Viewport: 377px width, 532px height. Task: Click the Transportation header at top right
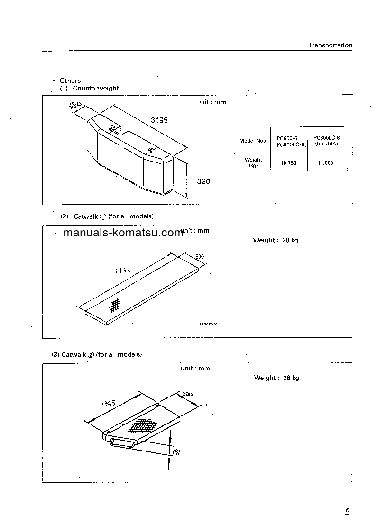[x=330, y=45]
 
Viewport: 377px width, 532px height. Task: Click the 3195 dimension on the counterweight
[x=159, y=120]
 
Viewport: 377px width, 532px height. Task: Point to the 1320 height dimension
[x=202, y=181]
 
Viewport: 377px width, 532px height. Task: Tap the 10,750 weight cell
[x=288, y=163]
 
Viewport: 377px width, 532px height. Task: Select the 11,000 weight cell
[x=326, y=163]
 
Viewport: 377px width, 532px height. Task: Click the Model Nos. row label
[x=253, y=141]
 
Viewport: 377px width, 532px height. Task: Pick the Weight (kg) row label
[x=253, y=162]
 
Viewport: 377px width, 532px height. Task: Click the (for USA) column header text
[x=326, y=144]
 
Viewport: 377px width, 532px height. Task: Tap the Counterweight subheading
[x=96, y=89]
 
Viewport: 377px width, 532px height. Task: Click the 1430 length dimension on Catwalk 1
[x=123, y=271]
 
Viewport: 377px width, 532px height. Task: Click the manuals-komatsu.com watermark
[x=123, y=233]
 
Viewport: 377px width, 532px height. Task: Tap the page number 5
[x=348, y=512]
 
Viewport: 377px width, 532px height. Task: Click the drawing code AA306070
[x=208, y=325]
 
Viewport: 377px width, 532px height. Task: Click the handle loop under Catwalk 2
[x=122, y=443]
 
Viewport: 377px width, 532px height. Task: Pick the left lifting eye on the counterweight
[x=112, y=128]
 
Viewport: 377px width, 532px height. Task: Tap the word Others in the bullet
[x=70, y=81]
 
